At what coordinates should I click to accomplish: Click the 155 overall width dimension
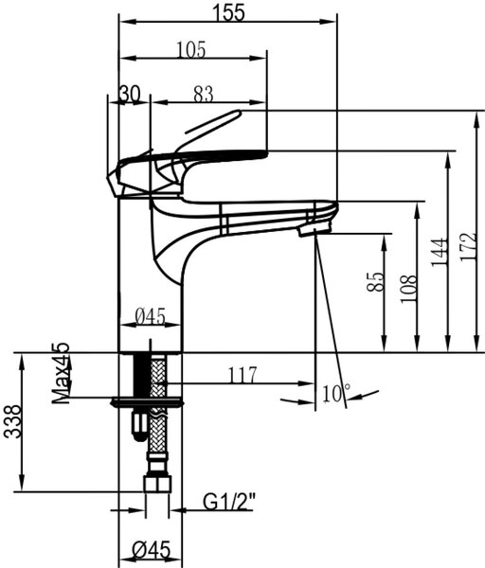tap(228, 12)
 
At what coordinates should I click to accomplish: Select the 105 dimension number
tap(191, 49)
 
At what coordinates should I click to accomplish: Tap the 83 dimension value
tap(204, 95)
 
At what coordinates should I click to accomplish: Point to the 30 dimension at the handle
tap(129, 94)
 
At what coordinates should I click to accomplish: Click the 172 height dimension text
tap(468, 246)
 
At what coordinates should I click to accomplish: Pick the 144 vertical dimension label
tap(439, 252)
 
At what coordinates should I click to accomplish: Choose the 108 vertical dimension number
tap(408, 289)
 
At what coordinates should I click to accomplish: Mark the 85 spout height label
tap(375, 282)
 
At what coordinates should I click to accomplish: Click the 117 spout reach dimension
tap(242, 375)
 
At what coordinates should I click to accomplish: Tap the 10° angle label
tap(336, 393)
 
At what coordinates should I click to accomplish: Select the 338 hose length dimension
tap(12, 421)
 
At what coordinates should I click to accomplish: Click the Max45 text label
tap(61, 373)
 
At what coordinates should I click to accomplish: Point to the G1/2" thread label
tap(228, 502)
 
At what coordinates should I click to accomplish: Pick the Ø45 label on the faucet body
tap(150, 316)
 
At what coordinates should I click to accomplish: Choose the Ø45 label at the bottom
tap(151, 551)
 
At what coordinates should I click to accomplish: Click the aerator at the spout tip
tap(314, 230)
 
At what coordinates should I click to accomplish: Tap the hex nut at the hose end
tap(157, 483)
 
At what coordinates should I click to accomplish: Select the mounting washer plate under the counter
tap(148, 402)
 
